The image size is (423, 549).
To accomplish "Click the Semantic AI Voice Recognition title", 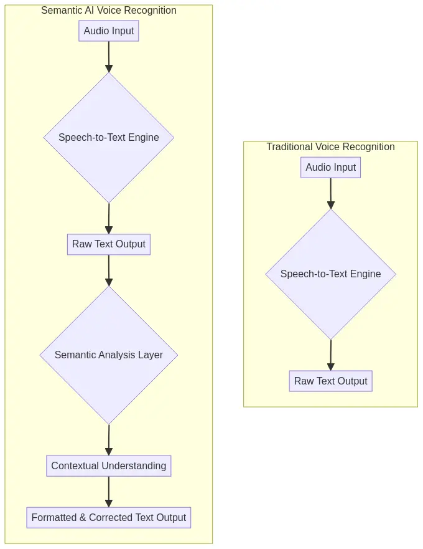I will [x=108, y=11].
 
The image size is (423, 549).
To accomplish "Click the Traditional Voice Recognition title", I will [x=330, y=147].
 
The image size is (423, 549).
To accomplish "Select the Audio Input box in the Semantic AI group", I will [x=108, y=31].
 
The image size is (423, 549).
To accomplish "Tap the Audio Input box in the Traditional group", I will [x=330, y=168].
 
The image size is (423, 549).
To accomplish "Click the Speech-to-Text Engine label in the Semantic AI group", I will [x=108, y=138].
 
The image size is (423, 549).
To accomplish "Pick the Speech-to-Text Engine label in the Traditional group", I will [x=330, y=274].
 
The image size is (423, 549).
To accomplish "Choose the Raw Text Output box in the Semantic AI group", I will [x=108, y=244].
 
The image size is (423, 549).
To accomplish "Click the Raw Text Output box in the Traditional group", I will [x=330, y=381].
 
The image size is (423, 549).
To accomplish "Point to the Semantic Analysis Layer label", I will [x=108, y=355].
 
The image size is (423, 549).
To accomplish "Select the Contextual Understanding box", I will [x=108, y=466].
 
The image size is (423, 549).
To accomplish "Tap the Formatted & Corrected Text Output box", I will [x=108, y=518].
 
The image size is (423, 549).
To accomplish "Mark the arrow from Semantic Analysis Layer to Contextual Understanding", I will [x=108, y=441].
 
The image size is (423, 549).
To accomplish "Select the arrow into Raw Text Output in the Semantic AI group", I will [x=108, y=219].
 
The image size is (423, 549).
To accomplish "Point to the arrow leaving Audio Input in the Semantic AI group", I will [x=108, y=57].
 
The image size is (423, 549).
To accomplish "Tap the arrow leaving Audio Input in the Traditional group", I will [x=330, y=194].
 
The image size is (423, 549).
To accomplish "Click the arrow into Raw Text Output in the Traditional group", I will [x=330, y=355].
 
